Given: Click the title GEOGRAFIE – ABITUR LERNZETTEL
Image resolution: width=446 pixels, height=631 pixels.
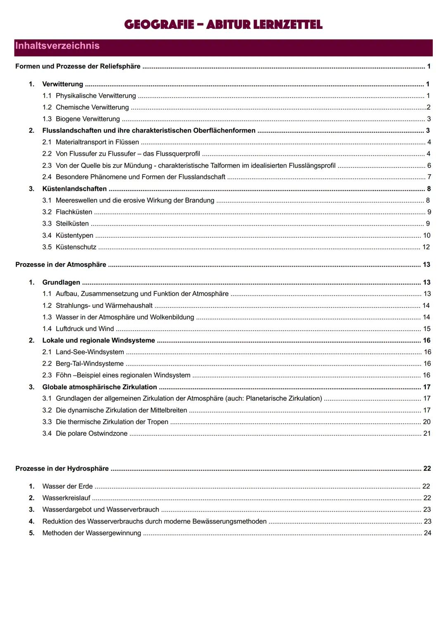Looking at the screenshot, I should coord(223,25).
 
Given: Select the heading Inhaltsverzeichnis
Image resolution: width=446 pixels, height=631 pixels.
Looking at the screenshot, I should coord(57,46).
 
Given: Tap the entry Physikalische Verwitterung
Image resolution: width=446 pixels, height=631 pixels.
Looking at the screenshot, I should coord(96,96).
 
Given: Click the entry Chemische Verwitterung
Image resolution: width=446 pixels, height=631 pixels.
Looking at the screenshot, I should coord(92,107).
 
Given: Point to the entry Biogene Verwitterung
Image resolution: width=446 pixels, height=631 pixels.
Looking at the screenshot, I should coord(88,119).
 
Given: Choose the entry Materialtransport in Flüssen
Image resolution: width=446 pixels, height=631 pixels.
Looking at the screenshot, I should coord(97,142).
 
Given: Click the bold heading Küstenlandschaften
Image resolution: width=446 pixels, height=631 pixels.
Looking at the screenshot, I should coord(74,189).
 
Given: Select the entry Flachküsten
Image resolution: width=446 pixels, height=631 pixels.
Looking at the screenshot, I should coord(74,212).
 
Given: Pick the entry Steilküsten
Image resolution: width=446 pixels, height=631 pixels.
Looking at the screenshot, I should coord(72,224).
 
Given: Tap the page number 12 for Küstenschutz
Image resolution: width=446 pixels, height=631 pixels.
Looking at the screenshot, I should coord(426,247).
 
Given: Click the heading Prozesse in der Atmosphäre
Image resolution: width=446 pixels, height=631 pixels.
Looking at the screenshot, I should coord(61,265).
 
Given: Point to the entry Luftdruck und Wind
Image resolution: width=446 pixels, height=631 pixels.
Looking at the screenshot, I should coord(85,329).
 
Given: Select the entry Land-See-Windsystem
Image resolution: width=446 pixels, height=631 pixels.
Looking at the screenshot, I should coord(90,352).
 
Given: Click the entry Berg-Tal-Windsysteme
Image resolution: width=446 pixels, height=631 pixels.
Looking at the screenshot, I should coord(90,364).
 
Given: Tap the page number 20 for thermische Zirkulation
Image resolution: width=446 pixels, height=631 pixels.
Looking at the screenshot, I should coord(427,422).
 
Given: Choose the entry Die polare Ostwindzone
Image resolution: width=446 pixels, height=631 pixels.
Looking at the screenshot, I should coord(92,433).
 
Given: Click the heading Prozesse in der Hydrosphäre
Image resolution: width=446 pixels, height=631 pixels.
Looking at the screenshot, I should coord(62,469).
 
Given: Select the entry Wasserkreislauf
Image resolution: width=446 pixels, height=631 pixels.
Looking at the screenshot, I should coord(66,498).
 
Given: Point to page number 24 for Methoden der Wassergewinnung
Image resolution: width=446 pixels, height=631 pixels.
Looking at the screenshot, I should coord(427,533).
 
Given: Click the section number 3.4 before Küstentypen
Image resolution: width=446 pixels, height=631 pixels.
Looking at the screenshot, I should coord(47,236).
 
